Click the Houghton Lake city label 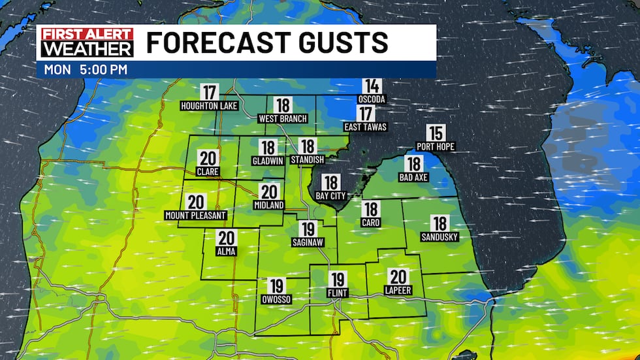point(209,105)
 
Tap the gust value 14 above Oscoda point(372,86)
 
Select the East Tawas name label point(365,127)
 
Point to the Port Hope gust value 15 point(435,133)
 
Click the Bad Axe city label point(413,177)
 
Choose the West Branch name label point(282,119)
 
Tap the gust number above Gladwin point(268,148)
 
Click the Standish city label point(308,160)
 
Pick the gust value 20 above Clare point(209,159)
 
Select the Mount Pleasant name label point(195,215)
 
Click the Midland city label point(268,205)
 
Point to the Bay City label point(330,195)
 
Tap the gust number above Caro point(371,210)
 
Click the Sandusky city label point(440,237)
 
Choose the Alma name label point(227,251)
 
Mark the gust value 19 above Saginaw point(308,229)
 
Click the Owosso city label point(276,299)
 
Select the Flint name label point(337,294)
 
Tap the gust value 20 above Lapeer point(398,276)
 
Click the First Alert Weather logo point(87,42)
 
